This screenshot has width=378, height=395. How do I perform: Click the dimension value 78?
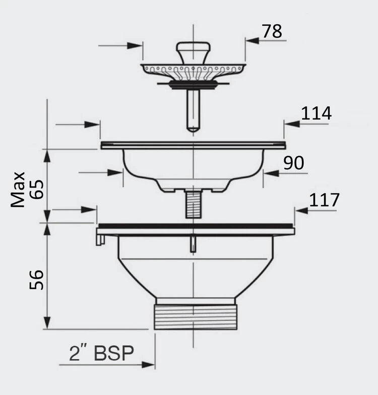[x=272, y=31]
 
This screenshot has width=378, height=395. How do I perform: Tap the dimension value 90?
[x=293, y=163]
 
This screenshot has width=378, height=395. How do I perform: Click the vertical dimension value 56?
[x=37, y=280]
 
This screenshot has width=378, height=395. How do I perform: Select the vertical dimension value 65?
[x=37, y=189]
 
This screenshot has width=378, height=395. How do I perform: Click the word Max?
[x=18, y=189]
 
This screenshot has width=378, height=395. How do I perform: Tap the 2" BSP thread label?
[x=101, y=353]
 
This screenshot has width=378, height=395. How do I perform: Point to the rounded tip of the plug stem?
[x=194, y=129]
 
